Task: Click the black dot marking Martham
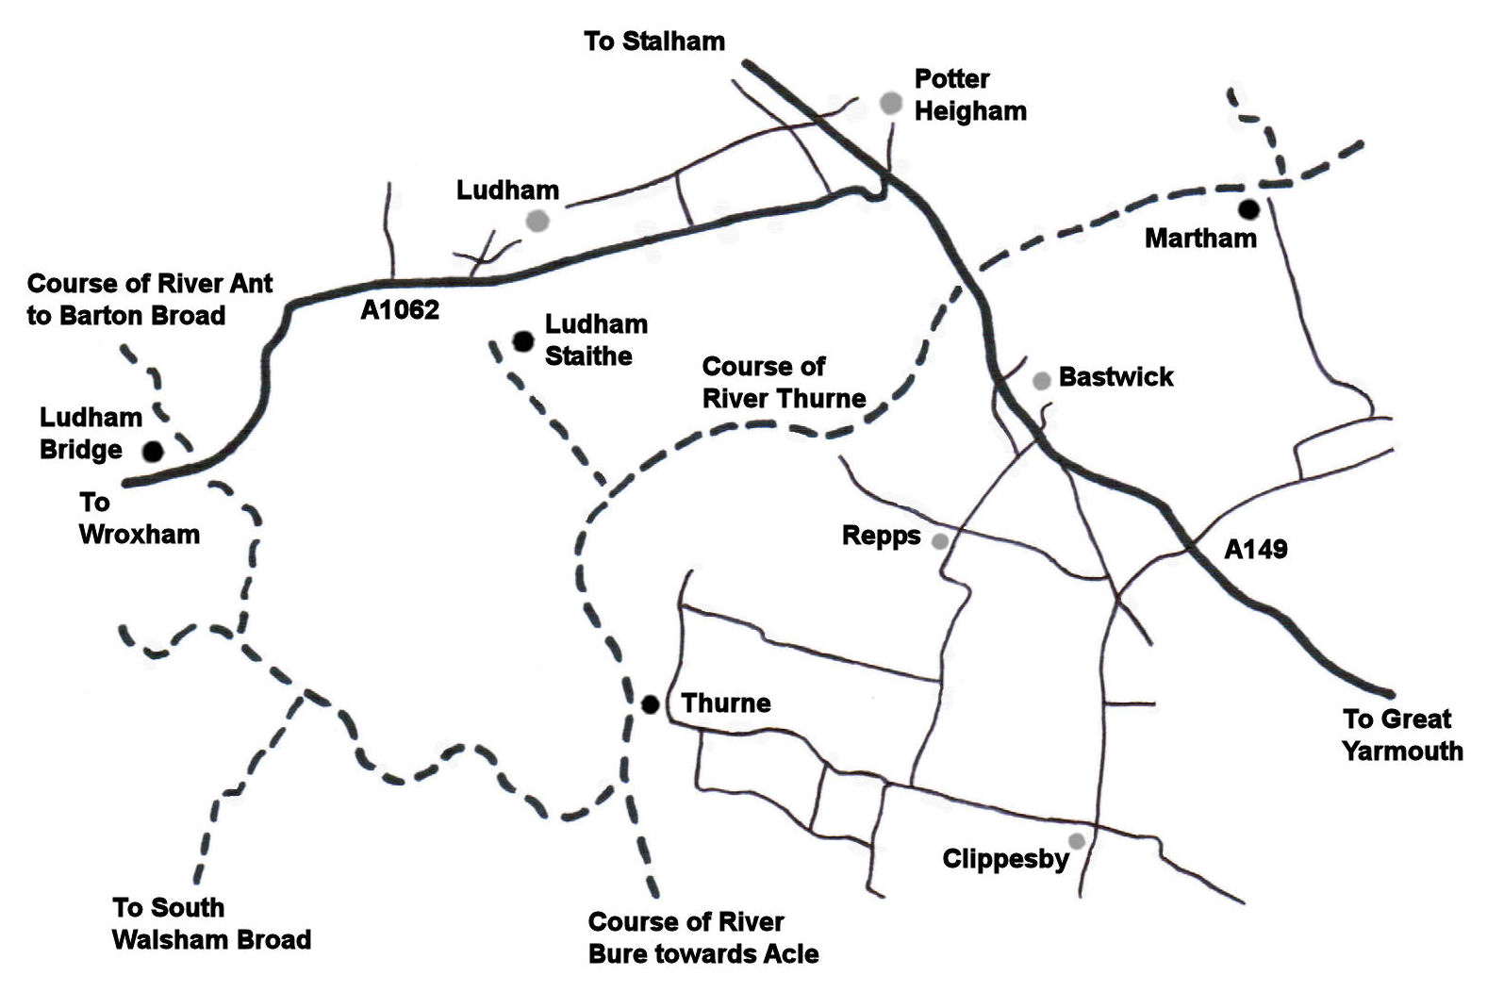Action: pyautogui.click(x=1248, y=209)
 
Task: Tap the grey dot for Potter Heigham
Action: pyautogui.click(x=891, y=103)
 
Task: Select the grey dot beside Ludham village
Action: pyautogui.click(x=537, y=222)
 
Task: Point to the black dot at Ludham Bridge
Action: pyautogui.click(x=153, y=452)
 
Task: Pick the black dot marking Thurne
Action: pyautogui.click(x=650, y=703)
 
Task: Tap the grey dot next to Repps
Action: pyautogui.click(x=940, y=541)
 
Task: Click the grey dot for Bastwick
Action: pyautogui.click(x=1041, y=381)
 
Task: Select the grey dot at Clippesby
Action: pyautogui.click(x=1076, y=840)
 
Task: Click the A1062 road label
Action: pyautogui.click(x=400, y=310)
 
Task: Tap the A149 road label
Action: pyautogui.click(x=1255, y=549)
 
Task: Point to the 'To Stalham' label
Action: pyautogui.click(x=654, y=41)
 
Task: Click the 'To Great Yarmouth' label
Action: pyautogui.click(x=1402, y=736)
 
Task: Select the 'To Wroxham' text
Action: pyautogui.click(x=139, y=519)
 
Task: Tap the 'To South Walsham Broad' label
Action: pyautogui.click(x=211, y=924)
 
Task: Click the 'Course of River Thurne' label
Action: pyautogui.click(x=784, y=382)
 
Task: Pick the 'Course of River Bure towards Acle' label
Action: pyautogui.click(x=702, y=937)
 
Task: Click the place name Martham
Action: pyautogui.click(x=1200, y=239)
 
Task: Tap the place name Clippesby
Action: pyautogui.click(x=1005, y=859)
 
